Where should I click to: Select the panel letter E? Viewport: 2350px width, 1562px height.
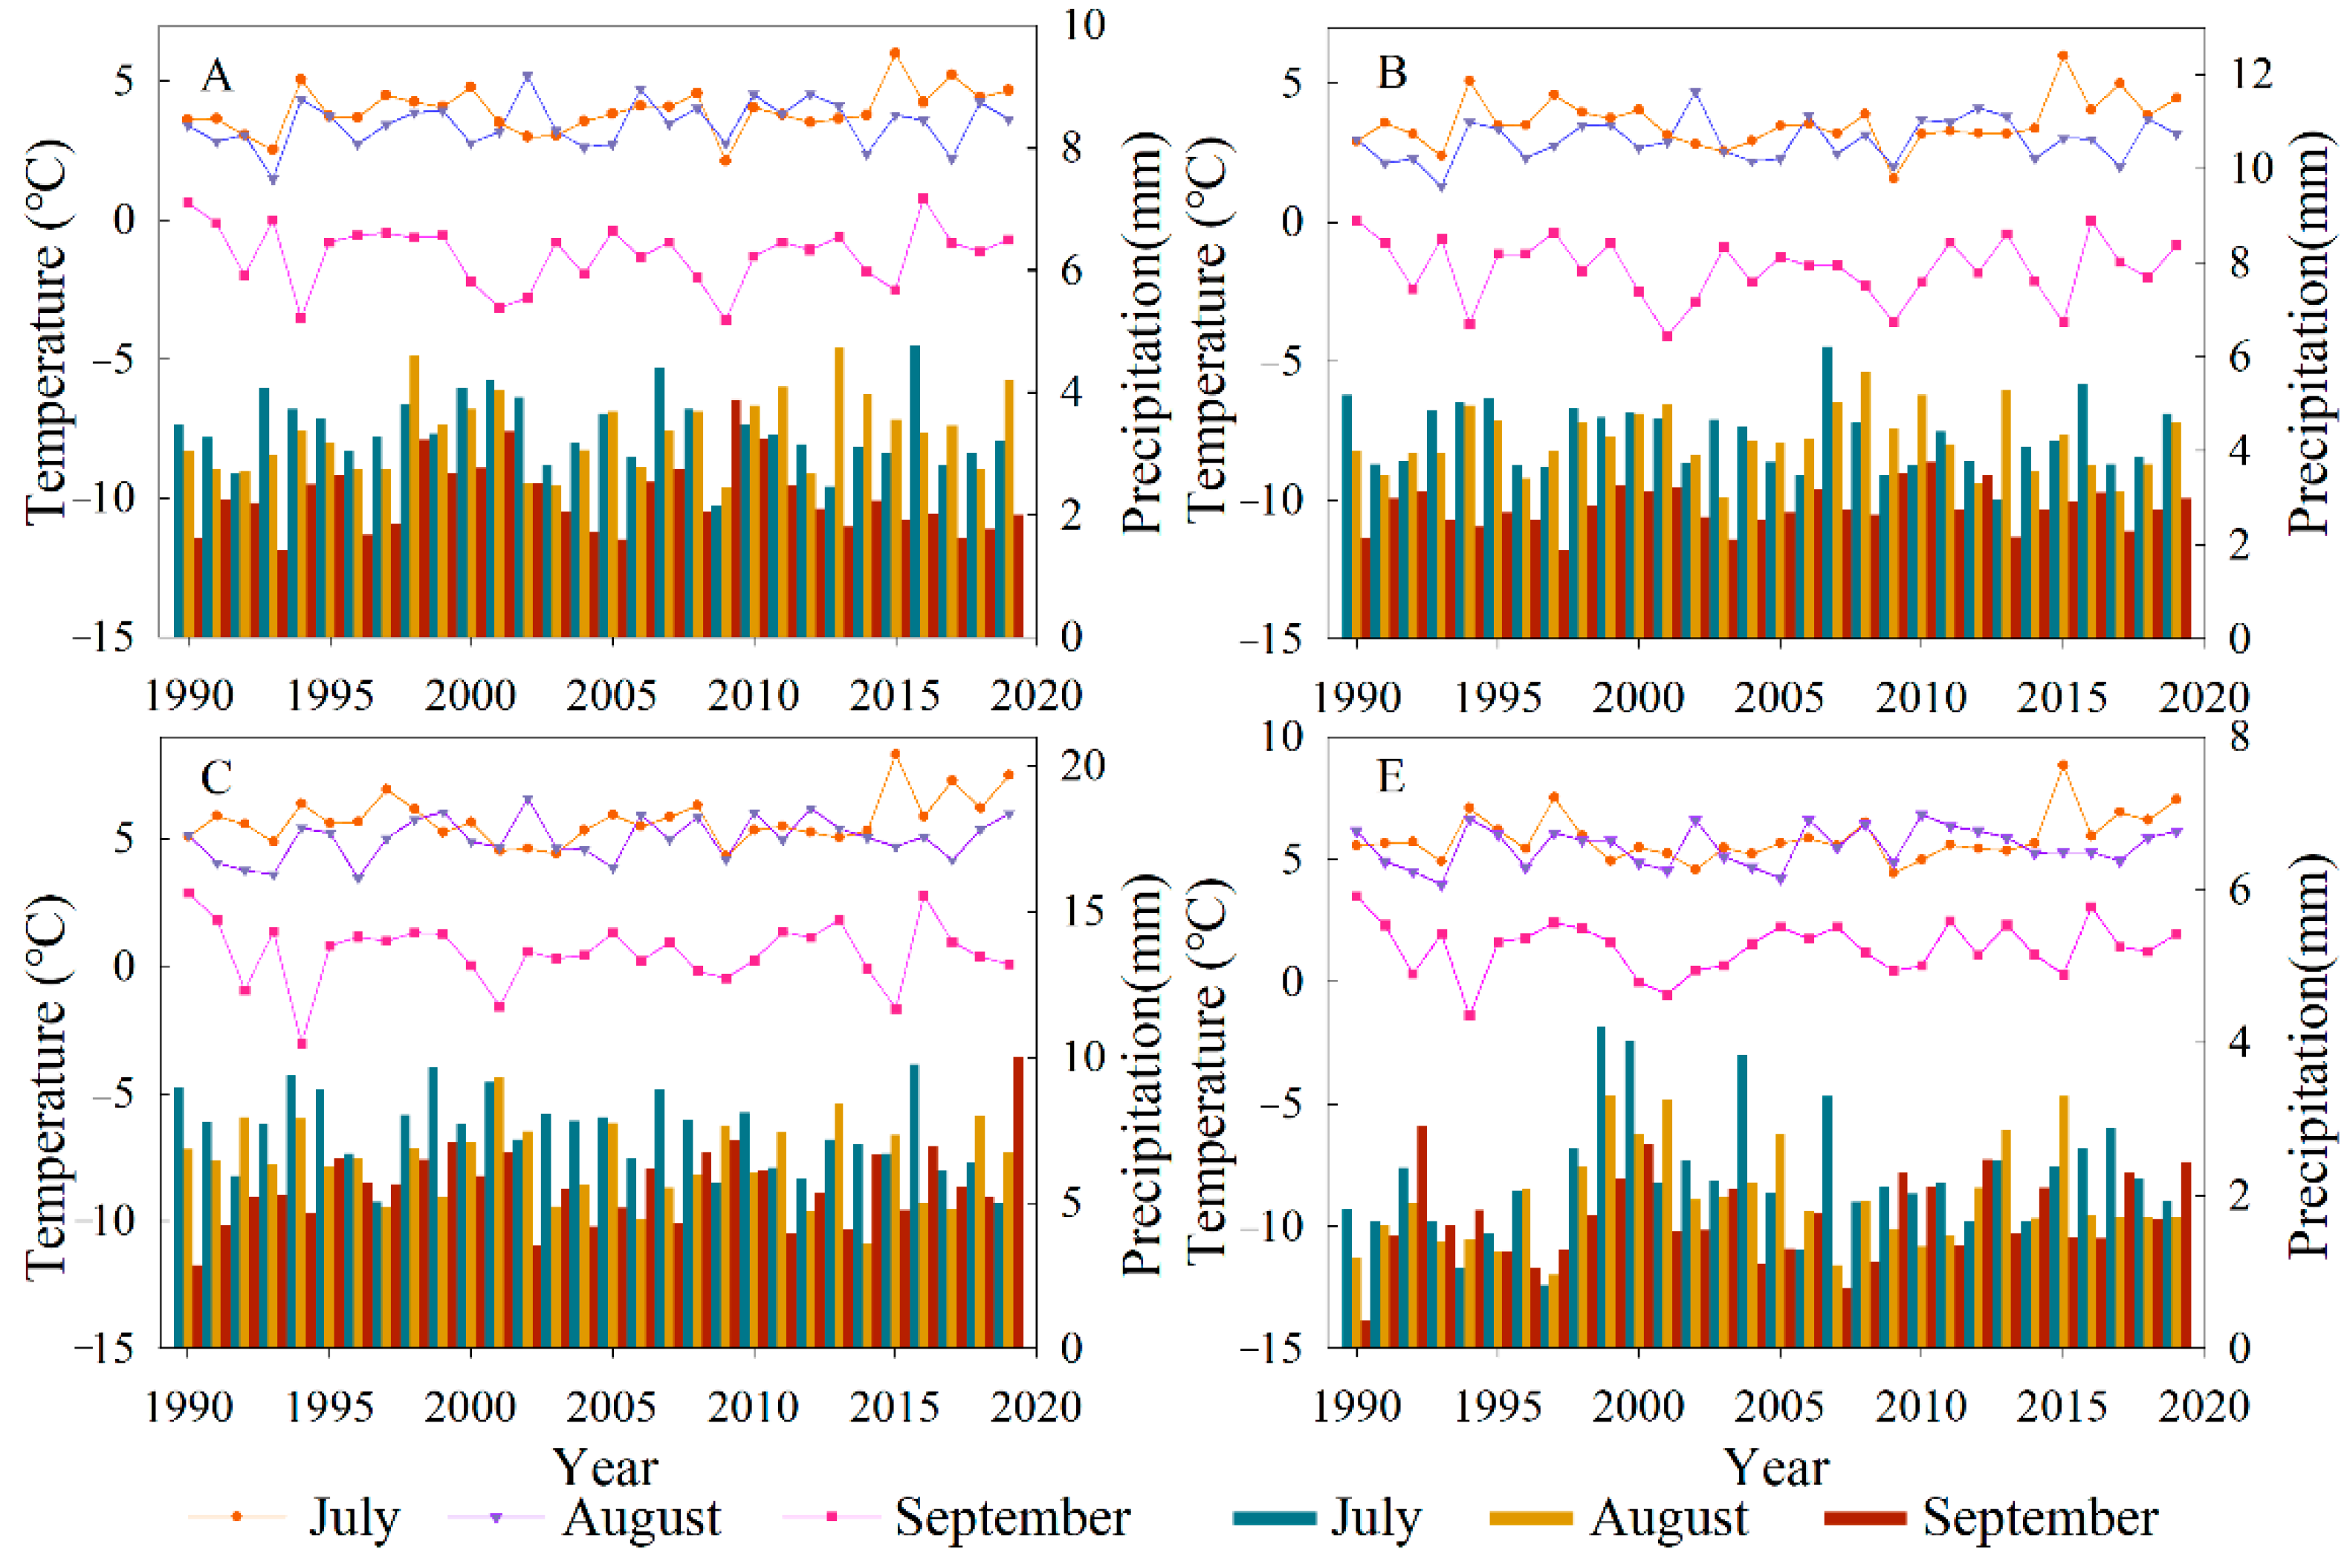click(1391, 776)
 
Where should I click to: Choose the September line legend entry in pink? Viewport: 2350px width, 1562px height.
click(956, 1517)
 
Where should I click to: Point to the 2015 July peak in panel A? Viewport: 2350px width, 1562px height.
click(896, 54)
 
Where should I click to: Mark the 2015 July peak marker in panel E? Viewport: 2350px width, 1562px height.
click(2063, 765)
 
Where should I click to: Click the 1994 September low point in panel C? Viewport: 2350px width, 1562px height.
click(302, 1044)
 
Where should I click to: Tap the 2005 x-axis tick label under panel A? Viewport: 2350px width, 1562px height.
click(612, 695)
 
